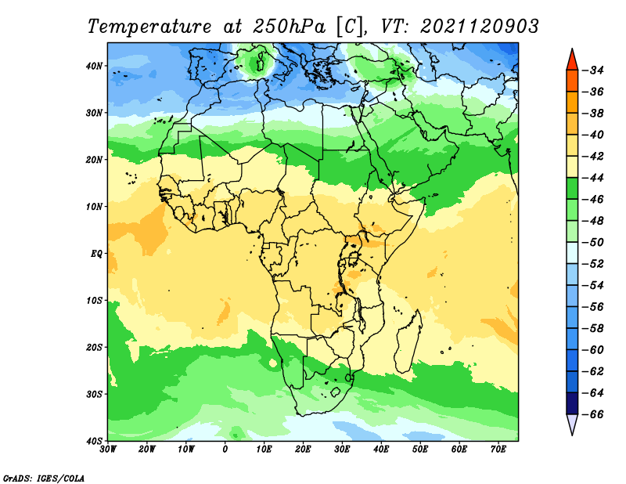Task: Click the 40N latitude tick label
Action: (94, 66)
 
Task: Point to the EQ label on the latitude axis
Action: (96, 254)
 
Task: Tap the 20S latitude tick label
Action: (95, 347)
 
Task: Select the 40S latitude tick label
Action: (95, 441)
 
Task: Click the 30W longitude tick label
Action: (108, 450)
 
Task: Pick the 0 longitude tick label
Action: (225, 450)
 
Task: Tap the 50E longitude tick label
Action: (420, 450)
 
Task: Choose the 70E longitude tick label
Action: (498, 450)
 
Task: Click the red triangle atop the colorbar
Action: (572, 61)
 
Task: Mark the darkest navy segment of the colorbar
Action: (572, 403)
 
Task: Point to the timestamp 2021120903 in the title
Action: (480, 27)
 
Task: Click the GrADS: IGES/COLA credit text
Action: (44, 479)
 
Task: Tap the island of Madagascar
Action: (408, 341)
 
